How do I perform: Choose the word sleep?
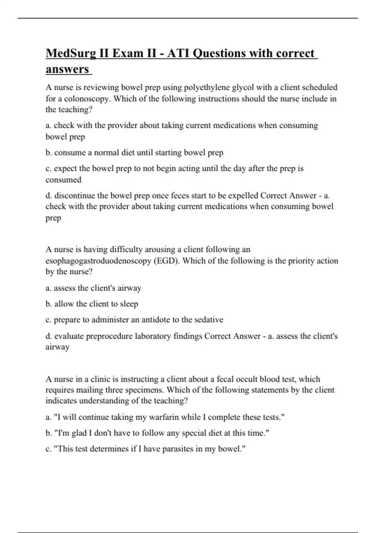(x=129, y=304)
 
